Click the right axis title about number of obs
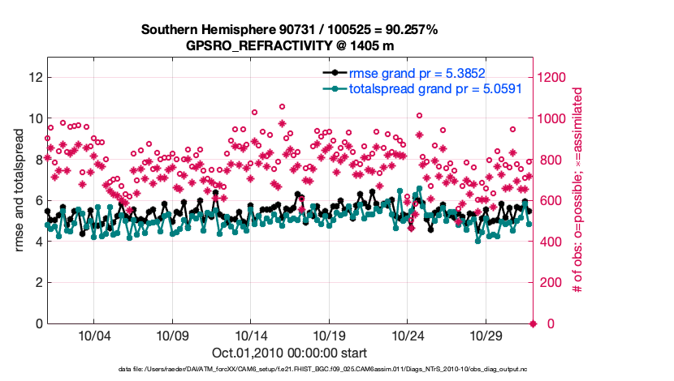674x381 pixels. (x=578, y=190)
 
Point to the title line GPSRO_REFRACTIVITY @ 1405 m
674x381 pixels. (x=290, y=45)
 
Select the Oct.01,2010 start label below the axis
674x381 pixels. (x=290, y=353)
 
